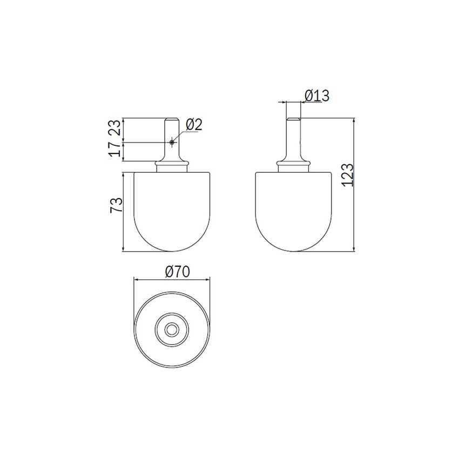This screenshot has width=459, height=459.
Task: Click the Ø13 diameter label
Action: (x=317, y=96)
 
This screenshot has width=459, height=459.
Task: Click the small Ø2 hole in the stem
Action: (x=172, y=143)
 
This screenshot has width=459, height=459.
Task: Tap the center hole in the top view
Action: (x=172, y=329)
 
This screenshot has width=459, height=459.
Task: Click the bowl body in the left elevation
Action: (x=172, y=211)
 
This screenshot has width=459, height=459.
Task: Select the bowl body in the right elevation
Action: (x=292, y=211)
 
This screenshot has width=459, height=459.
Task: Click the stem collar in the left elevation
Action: (x=172, y=163)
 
